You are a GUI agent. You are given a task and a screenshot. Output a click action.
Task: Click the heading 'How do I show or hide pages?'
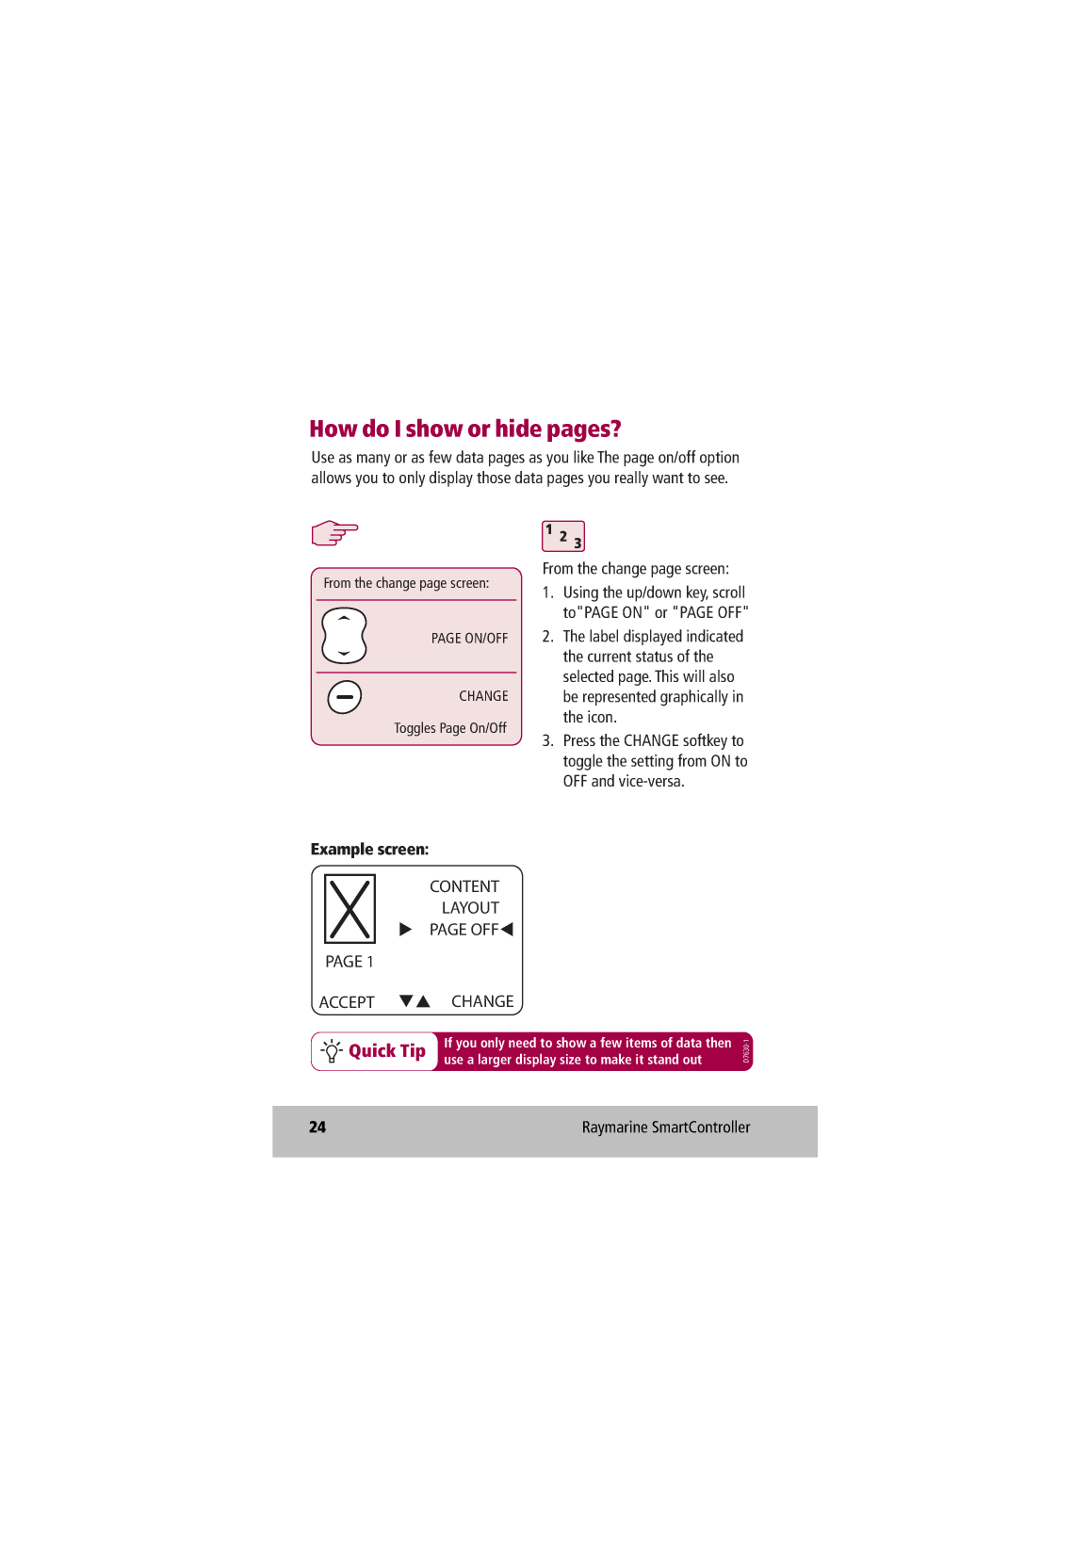(x=465, y=430)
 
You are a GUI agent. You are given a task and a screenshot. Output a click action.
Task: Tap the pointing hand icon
(x=334, y=533)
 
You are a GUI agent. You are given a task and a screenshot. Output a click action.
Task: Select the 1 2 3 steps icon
(x=563, y=536)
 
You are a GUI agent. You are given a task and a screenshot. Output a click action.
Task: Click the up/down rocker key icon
(x=344, y=636)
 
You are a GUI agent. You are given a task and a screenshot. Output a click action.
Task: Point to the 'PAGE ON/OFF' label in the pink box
(x=469, y=639)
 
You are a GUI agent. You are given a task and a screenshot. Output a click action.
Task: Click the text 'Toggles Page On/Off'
(x=450, y=728)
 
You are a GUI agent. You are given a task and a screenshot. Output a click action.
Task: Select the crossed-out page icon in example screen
(x=350, y=909)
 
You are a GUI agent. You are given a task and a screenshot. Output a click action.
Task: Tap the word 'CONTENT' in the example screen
(x=464, y=886)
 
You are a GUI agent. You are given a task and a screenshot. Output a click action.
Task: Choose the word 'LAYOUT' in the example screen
(x=470, y=908)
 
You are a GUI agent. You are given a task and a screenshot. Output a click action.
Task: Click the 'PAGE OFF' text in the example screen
(x=464, y=930)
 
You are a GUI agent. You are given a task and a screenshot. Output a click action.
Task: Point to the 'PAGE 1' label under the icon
(x=350, y=962)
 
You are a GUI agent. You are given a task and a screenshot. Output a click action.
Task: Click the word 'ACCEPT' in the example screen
(x=347, y=1002)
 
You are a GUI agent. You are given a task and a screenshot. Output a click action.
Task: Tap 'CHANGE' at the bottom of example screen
(x=482, y=1001)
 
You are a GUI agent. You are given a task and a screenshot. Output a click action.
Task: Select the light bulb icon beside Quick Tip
(x=332, y=1051)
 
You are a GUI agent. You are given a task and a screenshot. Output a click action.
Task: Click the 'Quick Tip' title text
(x=387, y=1051)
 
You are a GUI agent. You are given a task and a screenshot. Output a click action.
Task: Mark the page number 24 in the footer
(x=317, y=1128)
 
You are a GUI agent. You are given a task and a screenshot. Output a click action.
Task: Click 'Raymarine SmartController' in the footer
(x=666, y=1128)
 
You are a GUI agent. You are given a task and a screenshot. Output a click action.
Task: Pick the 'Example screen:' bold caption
(x=369, y=850)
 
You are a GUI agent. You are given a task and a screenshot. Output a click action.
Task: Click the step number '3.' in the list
(x=547, y=741)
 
